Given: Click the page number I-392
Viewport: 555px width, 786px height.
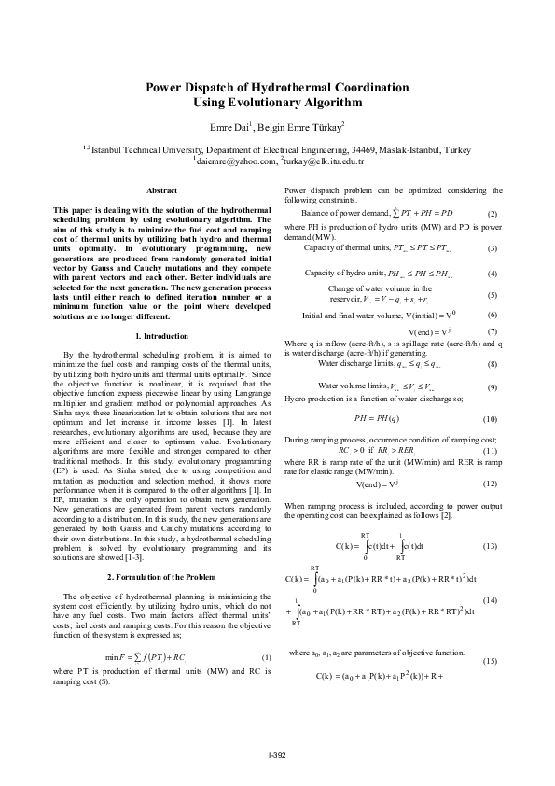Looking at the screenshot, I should (x=277, y=753).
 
